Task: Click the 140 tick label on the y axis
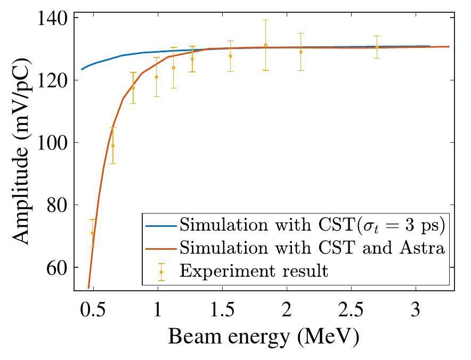(53, 18)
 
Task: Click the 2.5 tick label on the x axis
(351, 310)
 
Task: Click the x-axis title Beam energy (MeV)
(264, 337)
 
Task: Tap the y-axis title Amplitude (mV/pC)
(22, 151)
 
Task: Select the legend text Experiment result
(254, 271)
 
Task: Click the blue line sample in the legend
(161, 226)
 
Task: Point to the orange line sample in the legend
(161, 249)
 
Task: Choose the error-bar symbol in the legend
(161, 272)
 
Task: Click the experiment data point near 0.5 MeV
(93, 233)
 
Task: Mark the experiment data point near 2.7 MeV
(377, 47)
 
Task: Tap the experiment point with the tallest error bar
(265, 45)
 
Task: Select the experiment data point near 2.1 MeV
(301, 52)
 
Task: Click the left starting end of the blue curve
(82, 69)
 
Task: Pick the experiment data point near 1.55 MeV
(230, 56)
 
